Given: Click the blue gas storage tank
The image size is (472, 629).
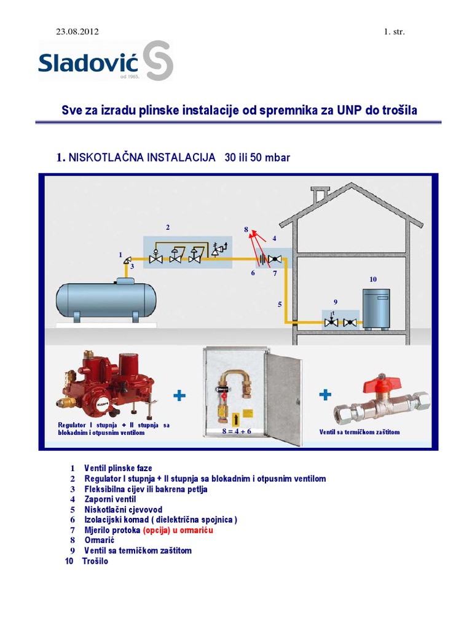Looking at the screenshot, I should (x=106, y=299).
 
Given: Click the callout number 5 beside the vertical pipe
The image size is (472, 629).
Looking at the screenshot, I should (x=280, y=304).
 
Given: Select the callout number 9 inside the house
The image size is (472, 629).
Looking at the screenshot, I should (x=336, y=302).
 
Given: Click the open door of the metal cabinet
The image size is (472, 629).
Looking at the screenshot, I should (x=283, y=399).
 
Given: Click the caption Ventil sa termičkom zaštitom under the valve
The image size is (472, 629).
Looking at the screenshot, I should (x=360, y=432).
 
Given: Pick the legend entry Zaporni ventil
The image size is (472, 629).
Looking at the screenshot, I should (x=110, y=499).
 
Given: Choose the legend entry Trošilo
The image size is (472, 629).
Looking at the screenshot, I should (x=95, y=561).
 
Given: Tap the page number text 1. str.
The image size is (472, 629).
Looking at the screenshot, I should (x=394, y=31).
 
